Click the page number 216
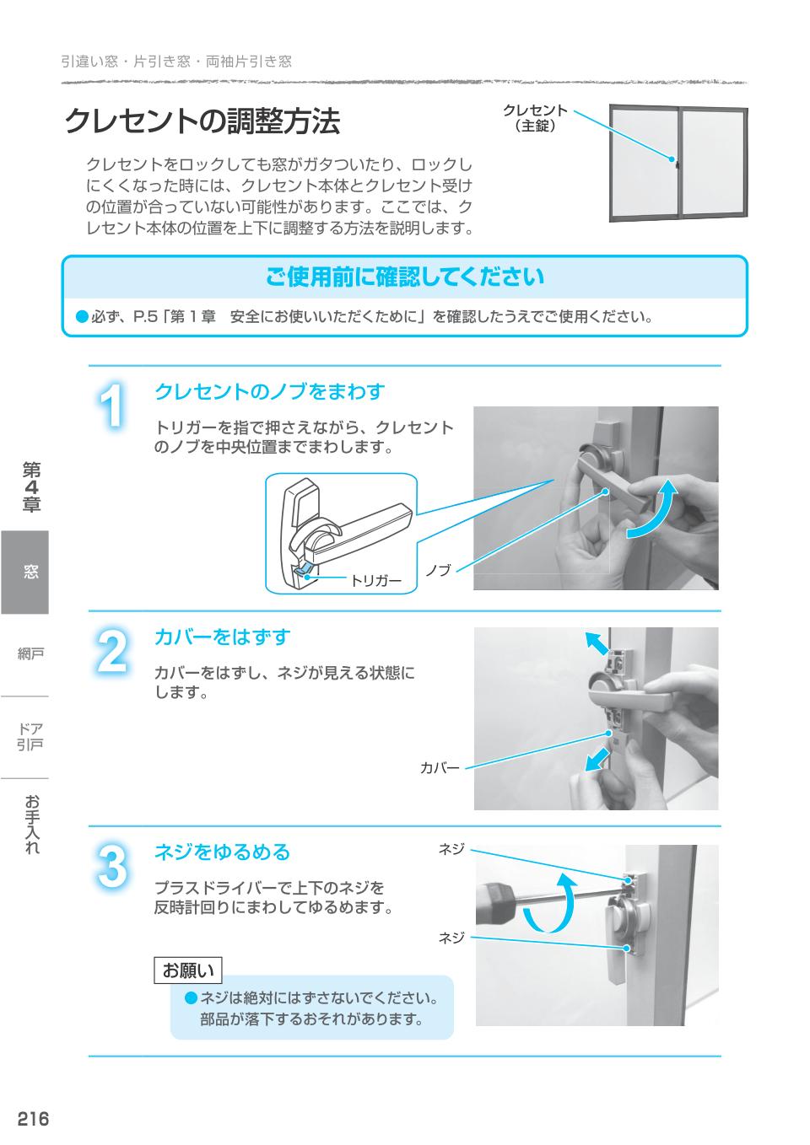click(x=33, y=1119)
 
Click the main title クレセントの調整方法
click(x=202, y=121)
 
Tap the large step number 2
click(x=112, y=652)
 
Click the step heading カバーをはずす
click(x=222, y=637)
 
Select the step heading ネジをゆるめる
click(x=222, y=852)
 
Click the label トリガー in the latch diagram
click(x=375, y=581)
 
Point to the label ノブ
click(x=438, y=571)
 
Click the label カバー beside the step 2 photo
click(x=440, y=768)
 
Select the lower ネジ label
click(x=451, y=938)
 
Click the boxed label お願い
click(x=188, y=970)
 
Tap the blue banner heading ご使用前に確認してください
click(x=405, y=277)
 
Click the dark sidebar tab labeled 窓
click(x=25, y=572)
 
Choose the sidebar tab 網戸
click(x=30, y=653)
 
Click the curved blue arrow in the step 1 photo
click(x=656, y=510)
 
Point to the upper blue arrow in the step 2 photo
click(x=597, y=643)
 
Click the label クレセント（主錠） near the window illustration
click(x=535, y=119)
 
